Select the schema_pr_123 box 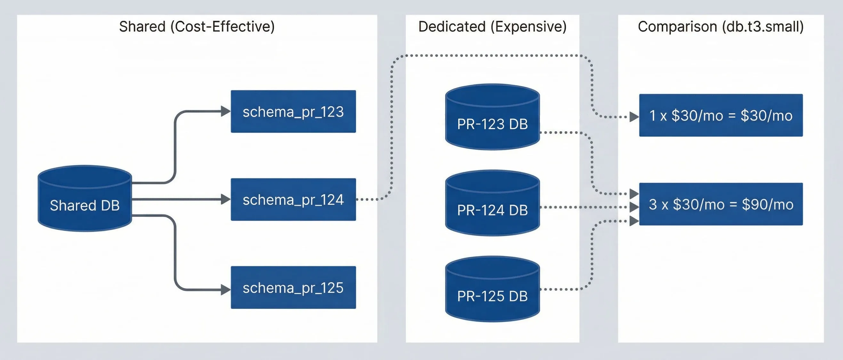(x=293, y=112)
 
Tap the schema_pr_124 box (x=293, y=200)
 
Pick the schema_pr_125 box (x=293, y=288)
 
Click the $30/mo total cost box (x=721, y=116)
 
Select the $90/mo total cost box (x=721, y=204)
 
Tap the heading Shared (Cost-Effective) (x=197, y=27)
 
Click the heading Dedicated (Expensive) (x=492, y=27)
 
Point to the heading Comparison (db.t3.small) (x=721, y=27)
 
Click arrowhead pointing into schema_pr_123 (x=226, y=111)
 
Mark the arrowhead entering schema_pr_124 (x=226, y=199)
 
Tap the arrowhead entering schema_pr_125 (x=226, y=290)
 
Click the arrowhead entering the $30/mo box (x=634, y=117)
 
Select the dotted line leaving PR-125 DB (x=563, y=289)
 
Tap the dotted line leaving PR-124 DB (x=582, y=207)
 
